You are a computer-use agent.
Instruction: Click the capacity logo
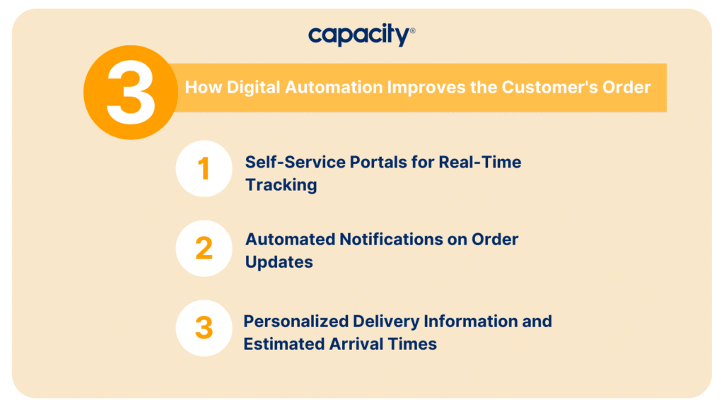[x=361, y=35]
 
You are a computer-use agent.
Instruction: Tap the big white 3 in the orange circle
[x=131, y=93]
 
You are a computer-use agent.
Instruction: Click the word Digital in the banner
[x=253, y=88]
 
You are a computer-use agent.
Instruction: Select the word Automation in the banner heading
[x=334, y=87]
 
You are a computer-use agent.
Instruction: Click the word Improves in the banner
[x=426, y=88]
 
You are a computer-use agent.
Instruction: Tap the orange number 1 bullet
[x=204, y=168]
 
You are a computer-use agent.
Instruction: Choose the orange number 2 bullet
[x=204, y=248]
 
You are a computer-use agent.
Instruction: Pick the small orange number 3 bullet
[x=204, y=328]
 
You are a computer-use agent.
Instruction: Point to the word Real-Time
[x=480, y=162]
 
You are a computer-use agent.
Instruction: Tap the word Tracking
[x=281, y=185]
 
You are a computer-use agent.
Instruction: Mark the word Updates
[x=279, y=263]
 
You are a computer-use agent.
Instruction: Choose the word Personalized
[x=296, y=322]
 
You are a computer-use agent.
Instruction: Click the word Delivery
[x=386, y=322]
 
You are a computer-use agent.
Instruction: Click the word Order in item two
[x=495, y=239]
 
